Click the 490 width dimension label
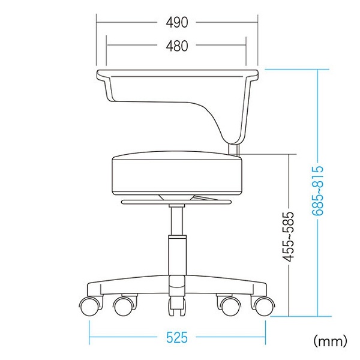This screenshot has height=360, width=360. pos(177,22)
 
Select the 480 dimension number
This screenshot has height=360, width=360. pos(177,46)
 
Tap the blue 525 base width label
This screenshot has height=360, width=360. pos(177,337)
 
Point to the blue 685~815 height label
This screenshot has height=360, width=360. pos(318,190)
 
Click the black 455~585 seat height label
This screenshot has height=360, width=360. pos(288,237)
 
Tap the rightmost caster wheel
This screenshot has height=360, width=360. pos(264,306)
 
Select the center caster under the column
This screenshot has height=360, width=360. pos(177,306)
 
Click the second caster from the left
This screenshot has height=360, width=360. pos(124,306)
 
